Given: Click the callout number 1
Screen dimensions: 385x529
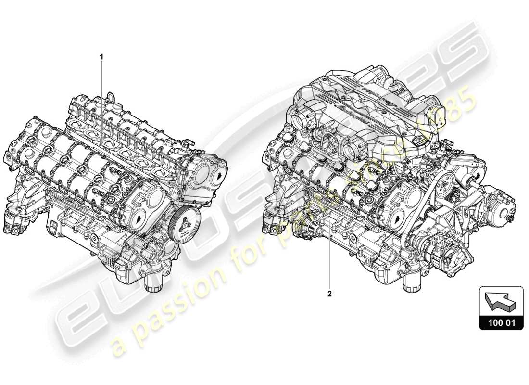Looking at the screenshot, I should [x=101, y=56].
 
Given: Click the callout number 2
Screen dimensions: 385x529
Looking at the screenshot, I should [x=330, y=292].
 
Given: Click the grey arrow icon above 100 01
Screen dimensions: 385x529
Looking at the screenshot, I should [x=501, y=301].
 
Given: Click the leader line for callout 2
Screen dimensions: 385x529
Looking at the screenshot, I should [x=330, y=260].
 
